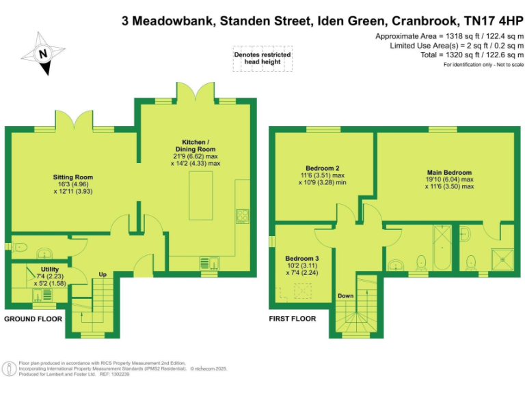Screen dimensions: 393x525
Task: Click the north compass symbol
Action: coord(42,53)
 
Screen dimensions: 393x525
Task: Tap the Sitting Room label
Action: coord(73,177)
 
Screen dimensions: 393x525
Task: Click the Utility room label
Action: coord(49,270)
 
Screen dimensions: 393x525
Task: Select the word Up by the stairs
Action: coord(103,275)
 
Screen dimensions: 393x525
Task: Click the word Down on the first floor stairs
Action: coord(346,296)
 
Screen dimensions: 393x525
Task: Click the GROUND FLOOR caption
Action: coord(33,319)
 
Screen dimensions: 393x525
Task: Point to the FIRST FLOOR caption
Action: coord(293,319)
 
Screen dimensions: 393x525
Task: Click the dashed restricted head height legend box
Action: coord(262,58)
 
